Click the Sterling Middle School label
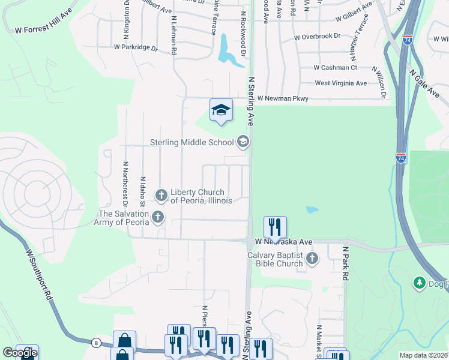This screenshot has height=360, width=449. coord(191,143)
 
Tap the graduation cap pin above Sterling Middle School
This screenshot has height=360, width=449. coord(221,110)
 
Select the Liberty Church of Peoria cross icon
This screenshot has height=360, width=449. coord(161,195)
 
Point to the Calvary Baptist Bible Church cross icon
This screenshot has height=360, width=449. coord(311,259)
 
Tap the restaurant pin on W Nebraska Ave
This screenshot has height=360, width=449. coord(275,227)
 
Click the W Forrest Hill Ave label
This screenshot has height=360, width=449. coord(43,28)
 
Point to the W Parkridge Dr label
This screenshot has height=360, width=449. coord(135,47)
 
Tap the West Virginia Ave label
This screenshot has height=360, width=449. coord(340,83)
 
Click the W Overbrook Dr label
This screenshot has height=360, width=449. coord(318,38)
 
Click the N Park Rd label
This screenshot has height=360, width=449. coord(346,263)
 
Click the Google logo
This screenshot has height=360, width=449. coord(20,353)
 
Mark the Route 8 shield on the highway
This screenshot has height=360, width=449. coord(96,343)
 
